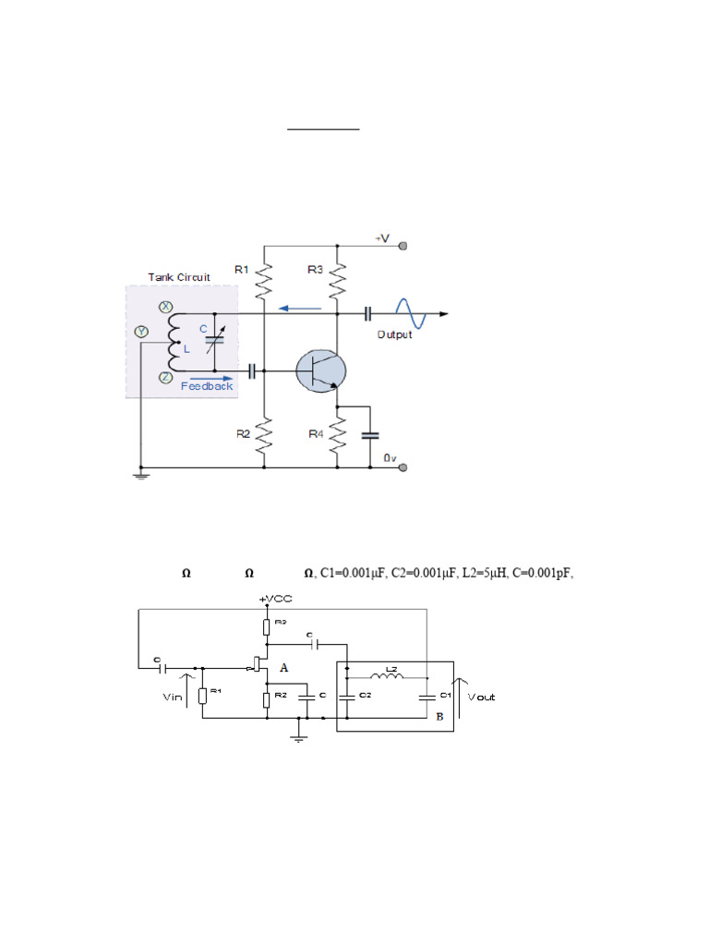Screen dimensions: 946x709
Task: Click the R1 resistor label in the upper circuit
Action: coord(241,270)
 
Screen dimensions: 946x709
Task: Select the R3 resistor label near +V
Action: coord(316,270)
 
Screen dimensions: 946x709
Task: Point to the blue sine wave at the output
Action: coord(412,314)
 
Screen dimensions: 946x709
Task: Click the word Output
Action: coord(394,334)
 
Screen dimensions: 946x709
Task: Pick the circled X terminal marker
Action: coord(166,307)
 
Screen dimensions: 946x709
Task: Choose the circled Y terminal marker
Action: coord(141,331)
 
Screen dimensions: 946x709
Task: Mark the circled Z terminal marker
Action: coord(166,377)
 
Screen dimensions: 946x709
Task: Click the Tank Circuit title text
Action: coord(179,277)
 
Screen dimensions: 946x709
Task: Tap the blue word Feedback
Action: coord(207,386)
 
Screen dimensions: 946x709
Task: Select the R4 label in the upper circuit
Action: coord(316,433)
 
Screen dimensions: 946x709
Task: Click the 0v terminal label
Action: coord(389,458)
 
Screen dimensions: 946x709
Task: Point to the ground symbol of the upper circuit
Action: coord(139,476)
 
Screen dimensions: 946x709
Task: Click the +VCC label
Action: coord(276,600)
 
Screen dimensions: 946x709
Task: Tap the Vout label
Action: coord(481,697)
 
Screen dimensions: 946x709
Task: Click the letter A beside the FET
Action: coord(284,668)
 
